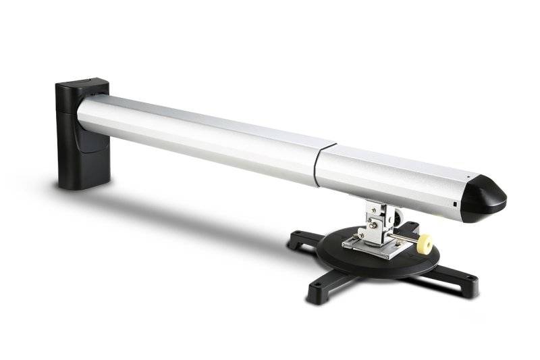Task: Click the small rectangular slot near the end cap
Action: coord(456,204)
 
